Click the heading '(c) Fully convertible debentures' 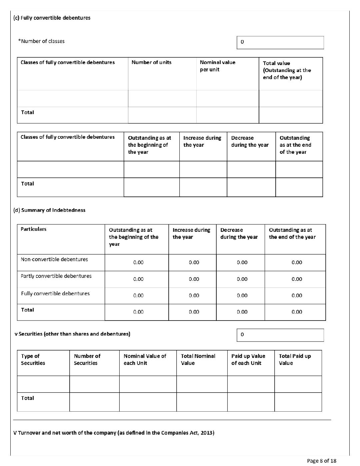pos(52,18)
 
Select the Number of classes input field pos(280,42)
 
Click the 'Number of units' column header pos(151,62)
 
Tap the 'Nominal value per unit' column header pos(217,66)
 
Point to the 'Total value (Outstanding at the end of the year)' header pos(287,70)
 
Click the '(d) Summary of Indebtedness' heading pos(49,210)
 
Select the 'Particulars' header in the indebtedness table pos(33,229)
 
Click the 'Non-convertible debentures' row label pos(54,260)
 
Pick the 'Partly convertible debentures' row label pos(56,276)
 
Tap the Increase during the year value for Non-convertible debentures pos(194,263)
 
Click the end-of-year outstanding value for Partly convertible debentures pos(297,279)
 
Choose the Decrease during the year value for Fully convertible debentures pos(242,296)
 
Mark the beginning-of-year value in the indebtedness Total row pos(138,312)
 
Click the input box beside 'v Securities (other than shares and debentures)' pos(280,335)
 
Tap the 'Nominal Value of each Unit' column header pos(145,360)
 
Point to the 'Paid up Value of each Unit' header pos(248,360)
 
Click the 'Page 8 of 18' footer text pos(321,461)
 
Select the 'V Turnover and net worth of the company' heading pos(114,433)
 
